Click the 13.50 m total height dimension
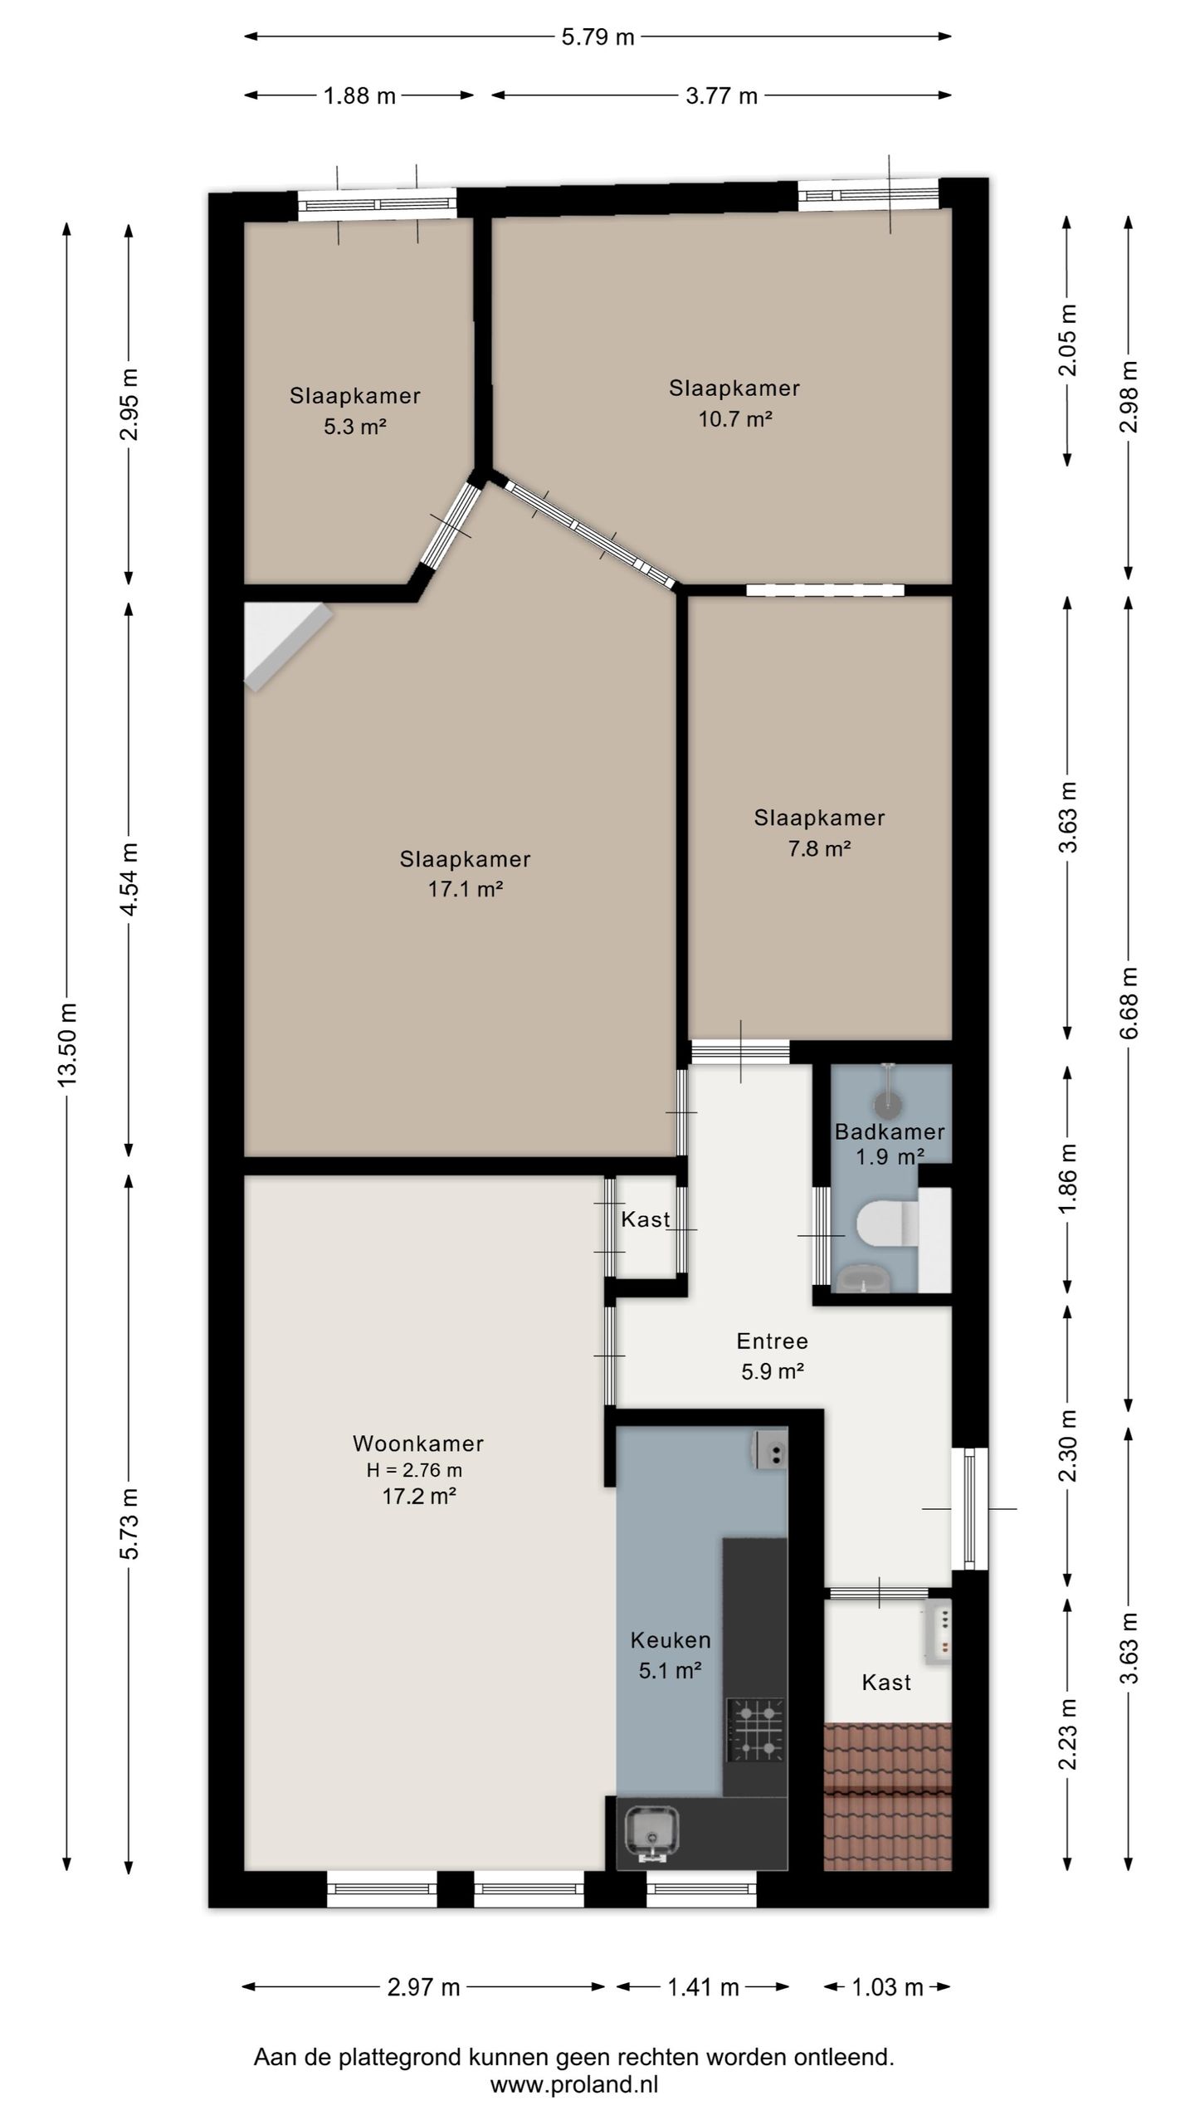point(68,1044)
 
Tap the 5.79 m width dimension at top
point(597,37)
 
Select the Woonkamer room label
point(418,1443)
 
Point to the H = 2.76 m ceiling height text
point(415,1470)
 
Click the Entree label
point(773,1341)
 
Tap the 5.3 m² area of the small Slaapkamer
point(355,427)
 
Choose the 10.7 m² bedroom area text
point(735,418)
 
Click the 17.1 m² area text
point(466,889)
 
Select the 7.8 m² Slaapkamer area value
point(820,848)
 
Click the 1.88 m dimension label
point(359,95)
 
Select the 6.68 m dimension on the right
point(1129,1003)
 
